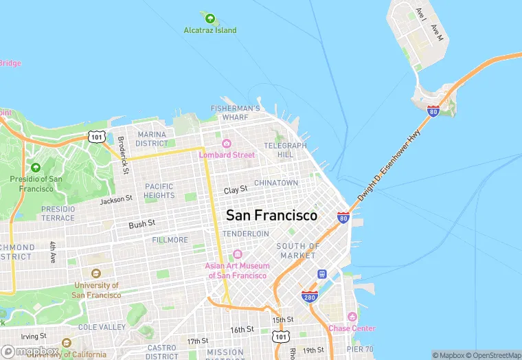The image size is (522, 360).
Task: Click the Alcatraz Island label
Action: [x=210, y=30]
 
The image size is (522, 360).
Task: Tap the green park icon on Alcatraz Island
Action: [x=209, y=18]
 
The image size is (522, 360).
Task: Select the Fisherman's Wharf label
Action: [x=236, y=113]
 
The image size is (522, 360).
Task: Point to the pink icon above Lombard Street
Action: [x=227, y=144]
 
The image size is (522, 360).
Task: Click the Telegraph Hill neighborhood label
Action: [x=285, y=150]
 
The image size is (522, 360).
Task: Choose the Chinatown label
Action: [x=276, y=183]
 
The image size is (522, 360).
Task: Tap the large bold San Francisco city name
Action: [x=272, y=215]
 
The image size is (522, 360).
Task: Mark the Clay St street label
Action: [x=236, y=189]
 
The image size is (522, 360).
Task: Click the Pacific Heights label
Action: [x=159, y=191]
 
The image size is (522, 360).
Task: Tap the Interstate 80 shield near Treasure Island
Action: [x=433, y=111]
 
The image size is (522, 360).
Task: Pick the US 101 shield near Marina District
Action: [x=97, y=137]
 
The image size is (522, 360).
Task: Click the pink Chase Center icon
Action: [x=352, y=317]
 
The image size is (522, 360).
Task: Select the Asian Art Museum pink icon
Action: [x=238, y=255]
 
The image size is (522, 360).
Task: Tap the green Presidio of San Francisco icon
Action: [x=35, y=167]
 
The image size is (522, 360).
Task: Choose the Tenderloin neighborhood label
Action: [x=246, y=234]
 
